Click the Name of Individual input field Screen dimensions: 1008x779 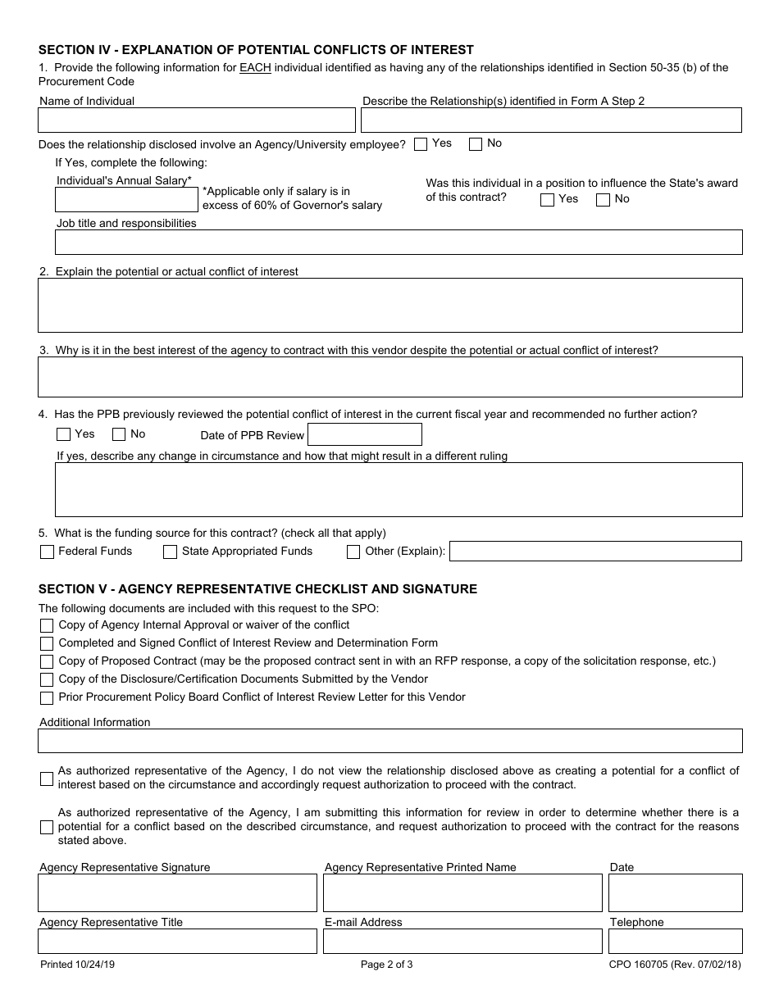(197, 120)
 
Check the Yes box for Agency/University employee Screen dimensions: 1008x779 (421, 144)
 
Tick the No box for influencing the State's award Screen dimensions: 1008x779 (603, 200)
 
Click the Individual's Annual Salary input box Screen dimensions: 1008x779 (127, 200)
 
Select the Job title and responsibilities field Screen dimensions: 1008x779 (399, 243)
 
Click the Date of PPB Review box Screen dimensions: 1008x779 (365, 435)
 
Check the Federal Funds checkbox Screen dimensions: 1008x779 (48, 552)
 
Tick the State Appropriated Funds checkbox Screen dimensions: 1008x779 (170, 552)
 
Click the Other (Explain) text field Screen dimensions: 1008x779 (595, 552)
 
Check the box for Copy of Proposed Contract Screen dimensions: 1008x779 (47, 662)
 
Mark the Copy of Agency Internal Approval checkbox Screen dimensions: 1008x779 (47, 626)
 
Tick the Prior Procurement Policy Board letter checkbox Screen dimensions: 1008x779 (47, 698)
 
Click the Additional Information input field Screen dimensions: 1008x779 (390, 742)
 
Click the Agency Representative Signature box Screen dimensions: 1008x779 (177, 893)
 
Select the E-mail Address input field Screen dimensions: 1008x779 (462, 942)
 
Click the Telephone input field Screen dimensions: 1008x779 (675, 942)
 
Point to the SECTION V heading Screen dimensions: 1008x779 (257, 589)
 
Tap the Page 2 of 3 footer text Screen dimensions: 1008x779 (387, 965)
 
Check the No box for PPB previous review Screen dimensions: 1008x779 (119, 435)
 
